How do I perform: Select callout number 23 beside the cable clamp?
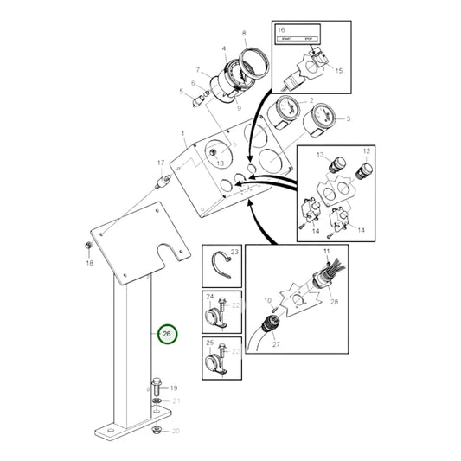tap(234, 252)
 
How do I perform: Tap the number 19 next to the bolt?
tap(173, 388)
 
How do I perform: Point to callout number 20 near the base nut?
tap(176, 430)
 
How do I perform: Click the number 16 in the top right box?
tap(281, 30)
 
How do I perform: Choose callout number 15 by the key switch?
tap(338, 70)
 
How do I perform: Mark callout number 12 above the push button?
tap(366, 151)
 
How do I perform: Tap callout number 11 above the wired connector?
tap(327, 251)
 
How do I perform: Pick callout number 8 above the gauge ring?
tap(244, 33)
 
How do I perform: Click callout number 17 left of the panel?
tap(160, 163)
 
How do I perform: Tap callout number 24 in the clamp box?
tap(210, 297)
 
